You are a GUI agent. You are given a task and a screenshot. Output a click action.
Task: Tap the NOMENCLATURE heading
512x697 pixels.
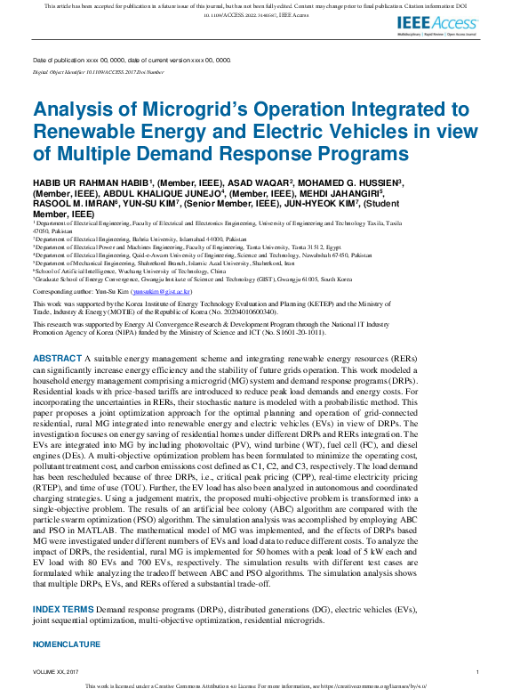[x=67, y=643]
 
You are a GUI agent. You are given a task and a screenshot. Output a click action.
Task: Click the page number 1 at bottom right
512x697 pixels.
[x=477, y=671]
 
